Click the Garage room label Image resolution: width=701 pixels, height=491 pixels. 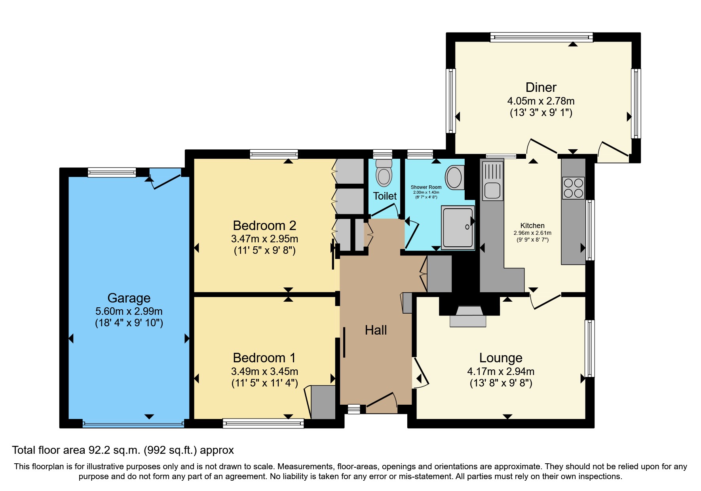[129, 298]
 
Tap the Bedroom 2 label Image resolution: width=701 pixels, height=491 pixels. [264, 225]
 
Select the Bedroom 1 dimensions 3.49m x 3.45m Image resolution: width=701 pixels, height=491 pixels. [264, 371]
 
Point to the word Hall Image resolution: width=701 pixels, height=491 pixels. [376, 330]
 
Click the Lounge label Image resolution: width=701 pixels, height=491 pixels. [501, 358]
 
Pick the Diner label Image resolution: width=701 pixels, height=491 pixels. [541, 87]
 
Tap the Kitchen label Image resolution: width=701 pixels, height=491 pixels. [532, 225]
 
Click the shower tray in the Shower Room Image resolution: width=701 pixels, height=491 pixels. [458, 228]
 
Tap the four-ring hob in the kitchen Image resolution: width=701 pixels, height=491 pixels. [573, 188]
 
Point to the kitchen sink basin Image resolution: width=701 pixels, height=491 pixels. [492, 190]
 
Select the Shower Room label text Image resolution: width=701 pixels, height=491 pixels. [426, 187]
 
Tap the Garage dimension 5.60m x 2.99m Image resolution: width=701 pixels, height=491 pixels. [129, 311]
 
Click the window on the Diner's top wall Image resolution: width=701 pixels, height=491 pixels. [541, 37]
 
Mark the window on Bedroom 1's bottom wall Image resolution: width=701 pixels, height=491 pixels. [263, 423]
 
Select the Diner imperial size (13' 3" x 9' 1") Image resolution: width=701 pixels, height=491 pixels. [541, 113]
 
